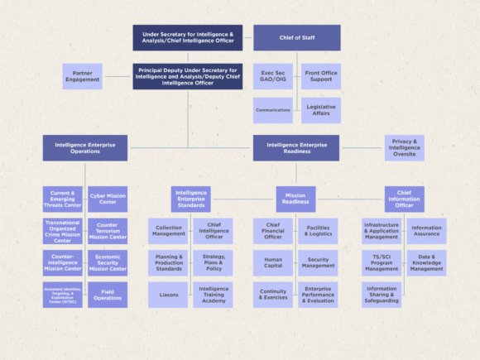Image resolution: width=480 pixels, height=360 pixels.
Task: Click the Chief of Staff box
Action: point(296,37)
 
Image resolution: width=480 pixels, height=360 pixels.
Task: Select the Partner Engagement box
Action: point(82,77)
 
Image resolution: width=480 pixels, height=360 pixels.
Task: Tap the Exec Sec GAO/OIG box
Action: point(273,77)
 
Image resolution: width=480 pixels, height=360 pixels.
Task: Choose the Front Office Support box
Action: point(320,77)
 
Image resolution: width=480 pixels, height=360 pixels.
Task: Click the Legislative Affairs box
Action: point(320,110)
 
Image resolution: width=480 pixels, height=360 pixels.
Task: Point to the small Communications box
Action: point(273,110)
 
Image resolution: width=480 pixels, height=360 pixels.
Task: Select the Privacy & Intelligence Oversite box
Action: point(404,148)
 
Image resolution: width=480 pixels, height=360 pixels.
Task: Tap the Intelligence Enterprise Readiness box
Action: point(295,148)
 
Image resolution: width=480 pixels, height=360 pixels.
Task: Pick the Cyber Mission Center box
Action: point(108,199)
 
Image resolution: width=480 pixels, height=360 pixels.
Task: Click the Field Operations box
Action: point(108,295)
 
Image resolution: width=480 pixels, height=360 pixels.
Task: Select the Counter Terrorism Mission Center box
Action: point(108,231)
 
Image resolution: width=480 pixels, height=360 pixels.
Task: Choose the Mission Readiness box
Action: point(295,199)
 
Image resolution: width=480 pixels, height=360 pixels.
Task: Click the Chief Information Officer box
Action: point(404,199)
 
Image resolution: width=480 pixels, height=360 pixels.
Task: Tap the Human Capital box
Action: point(273,262)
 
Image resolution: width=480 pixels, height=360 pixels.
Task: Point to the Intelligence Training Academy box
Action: point(214,295)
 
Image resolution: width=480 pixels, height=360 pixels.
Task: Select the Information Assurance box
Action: point(426,231)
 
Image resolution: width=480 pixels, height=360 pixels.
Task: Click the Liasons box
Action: point(169,295)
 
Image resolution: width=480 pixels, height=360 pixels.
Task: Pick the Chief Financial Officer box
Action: point(273,231)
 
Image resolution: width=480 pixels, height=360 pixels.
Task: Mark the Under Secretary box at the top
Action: point(188,37)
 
